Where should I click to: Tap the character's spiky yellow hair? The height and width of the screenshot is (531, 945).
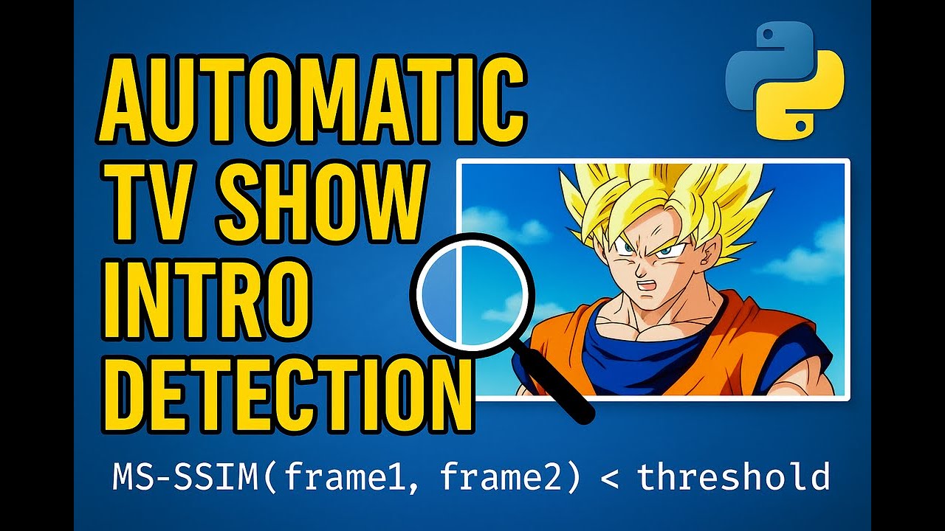click(x=650, y=192)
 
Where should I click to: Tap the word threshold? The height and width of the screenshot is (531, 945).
click(x=732, y=477)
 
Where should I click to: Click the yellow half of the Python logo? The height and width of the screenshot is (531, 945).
click(x=805, y=100)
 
